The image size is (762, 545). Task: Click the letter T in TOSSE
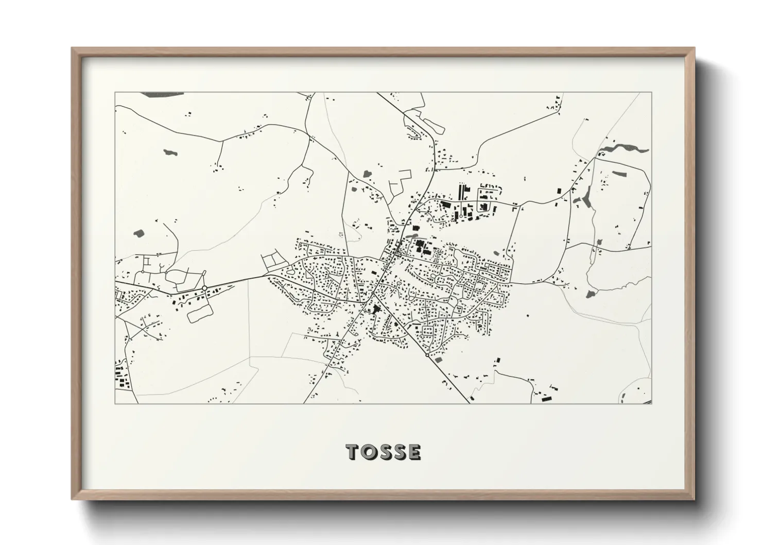point(353,452)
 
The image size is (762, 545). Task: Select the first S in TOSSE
point(384,452)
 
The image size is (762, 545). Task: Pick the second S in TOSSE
point(399,452)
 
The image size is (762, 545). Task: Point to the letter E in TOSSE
point(414,452)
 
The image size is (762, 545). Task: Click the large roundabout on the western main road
point(204,287)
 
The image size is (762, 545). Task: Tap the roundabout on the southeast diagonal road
point(427,355)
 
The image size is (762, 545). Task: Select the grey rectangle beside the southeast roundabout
point(439,360)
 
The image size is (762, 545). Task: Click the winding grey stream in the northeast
point(623,148)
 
